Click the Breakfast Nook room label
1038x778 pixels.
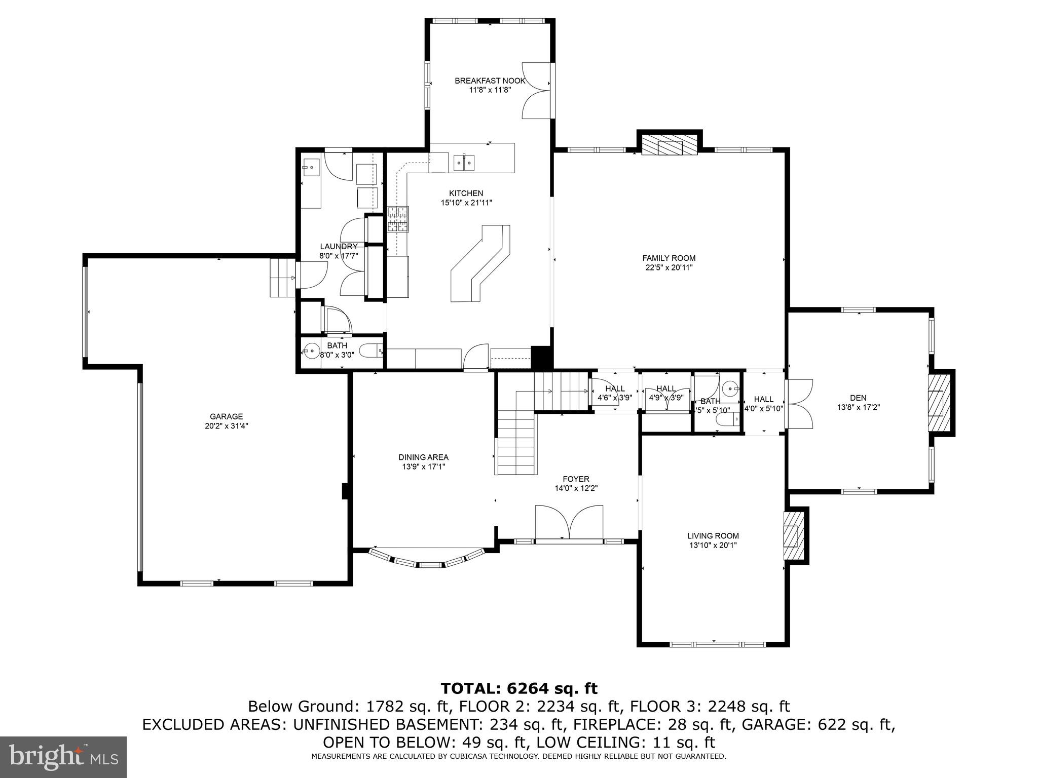(490, 81)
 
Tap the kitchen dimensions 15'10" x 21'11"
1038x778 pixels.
(466, 203)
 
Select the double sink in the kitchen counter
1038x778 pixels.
(464, 162)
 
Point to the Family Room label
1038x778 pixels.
(669, 258)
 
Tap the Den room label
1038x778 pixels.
(858, 398)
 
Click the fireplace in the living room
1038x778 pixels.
(794, 535)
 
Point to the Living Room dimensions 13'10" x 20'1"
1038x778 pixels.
(713, 545)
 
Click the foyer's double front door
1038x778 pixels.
(569, 522)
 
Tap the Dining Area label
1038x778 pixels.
(423, 457)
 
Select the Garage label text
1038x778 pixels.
(226, 416)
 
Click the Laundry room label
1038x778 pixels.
(339, 247)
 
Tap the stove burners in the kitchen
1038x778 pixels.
(398, 219)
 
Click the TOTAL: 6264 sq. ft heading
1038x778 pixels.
(519, 688)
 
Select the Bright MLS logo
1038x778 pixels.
(63, 757)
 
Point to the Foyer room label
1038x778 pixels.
(576, 479)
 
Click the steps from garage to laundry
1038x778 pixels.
(282, 278)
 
